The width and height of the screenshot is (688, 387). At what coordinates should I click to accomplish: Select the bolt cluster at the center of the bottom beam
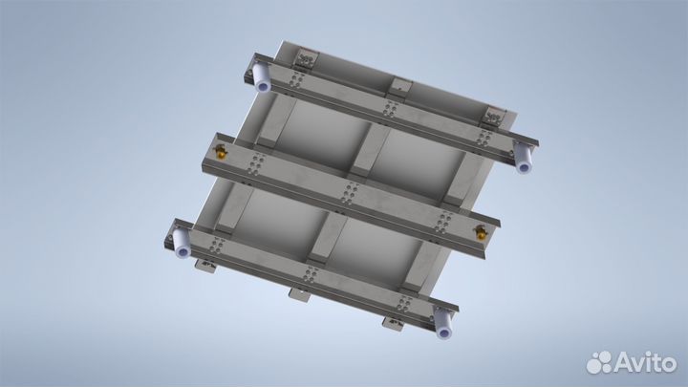308,277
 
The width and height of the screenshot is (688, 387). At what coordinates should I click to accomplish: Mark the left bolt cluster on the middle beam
253,168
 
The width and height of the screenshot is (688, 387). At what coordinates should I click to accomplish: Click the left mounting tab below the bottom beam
204,263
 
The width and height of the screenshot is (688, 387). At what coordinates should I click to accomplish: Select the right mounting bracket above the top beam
493,117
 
